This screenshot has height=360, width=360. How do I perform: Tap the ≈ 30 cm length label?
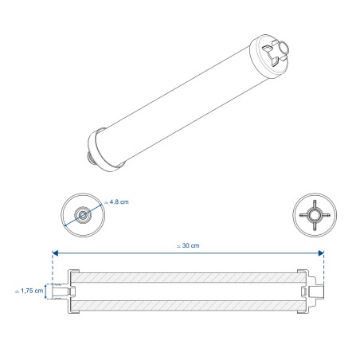tap(187, 245)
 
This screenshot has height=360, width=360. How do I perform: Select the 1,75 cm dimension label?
tap(28, 292)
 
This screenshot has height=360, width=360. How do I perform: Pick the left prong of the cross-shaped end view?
tap(299, 214)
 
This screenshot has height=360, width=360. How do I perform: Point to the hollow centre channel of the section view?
tap(187, 293)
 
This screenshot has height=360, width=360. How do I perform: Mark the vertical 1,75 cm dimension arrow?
tap(47, 292)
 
